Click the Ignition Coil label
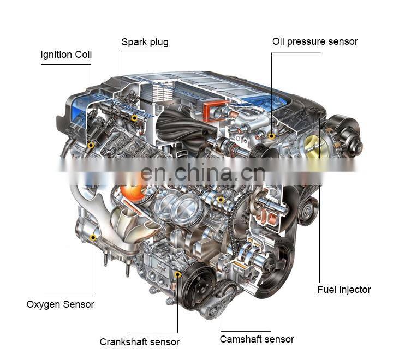pos(66,55)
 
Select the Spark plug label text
pos(145,42)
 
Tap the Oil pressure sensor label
pos(315,41)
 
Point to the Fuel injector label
pos(344,290)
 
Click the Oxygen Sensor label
pos(60,304)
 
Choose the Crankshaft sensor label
pos(140,342)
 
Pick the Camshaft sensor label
pos(257,339)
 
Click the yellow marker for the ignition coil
pos(91,145)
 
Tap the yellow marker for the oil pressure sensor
pos(271,136)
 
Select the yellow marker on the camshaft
pos(221,200)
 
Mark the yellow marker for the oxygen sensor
pos(93,237)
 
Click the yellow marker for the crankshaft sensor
pos(178,274)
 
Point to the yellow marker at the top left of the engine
pos(134,118)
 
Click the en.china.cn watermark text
pos(202,172)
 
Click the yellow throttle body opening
pos(313,145)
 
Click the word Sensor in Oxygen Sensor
pos(79,304)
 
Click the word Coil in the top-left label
pos(83,55)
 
